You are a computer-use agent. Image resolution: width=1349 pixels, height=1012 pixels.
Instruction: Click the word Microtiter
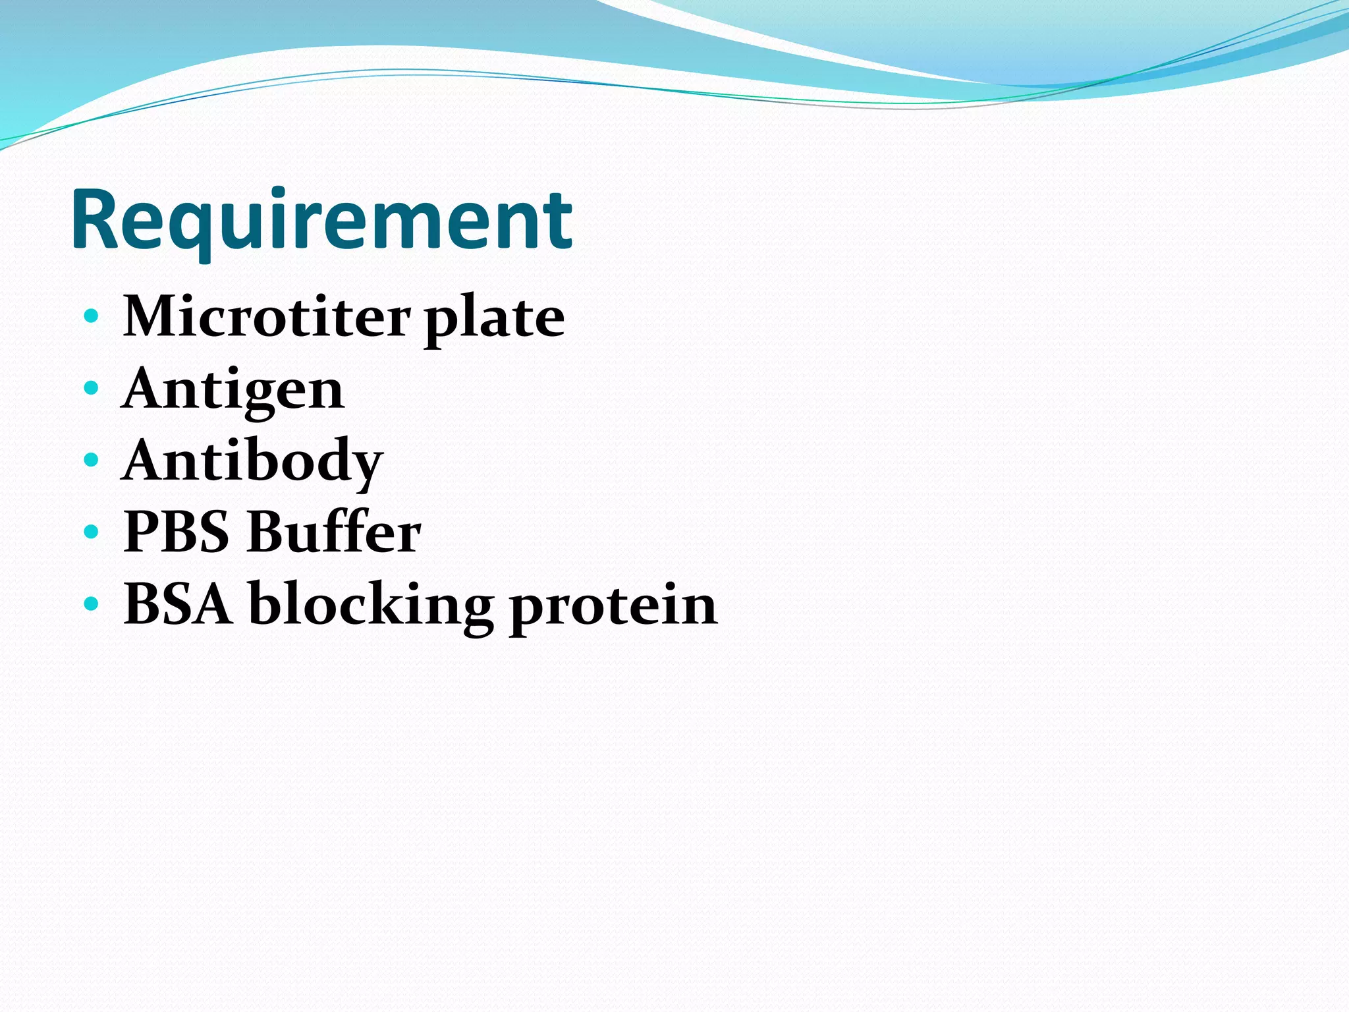click(x=267, y=318)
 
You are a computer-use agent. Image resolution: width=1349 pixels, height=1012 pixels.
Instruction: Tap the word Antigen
click(x=233, y=390)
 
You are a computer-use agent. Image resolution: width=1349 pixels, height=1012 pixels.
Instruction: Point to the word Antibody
click(x=252, y=462)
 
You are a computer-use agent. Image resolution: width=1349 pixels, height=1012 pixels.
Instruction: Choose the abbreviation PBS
click(x=176, y=532)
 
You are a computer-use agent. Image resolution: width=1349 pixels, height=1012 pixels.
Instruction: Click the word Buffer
click(x=334, y=532)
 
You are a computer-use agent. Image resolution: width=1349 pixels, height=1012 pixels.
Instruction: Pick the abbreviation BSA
click(x=178, y=604)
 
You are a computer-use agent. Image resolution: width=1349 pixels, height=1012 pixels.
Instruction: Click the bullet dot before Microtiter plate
click(x=92, y=316)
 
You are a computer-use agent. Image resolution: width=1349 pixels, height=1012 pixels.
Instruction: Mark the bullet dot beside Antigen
click(x=92, y=387)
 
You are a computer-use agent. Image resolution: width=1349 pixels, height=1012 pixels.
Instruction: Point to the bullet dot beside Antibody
click(x=92, y=459)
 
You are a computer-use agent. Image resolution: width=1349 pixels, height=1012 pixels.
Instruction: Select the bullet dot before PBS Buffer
click(x=92, y=531)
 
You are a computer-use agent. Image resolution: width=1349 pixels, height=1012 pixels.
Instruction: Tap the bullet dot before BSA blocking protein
click(x=92, y=603)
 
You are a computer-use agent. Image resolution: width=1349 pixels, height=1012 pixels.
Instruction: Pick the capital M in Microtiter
click(x=153, y=318)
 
